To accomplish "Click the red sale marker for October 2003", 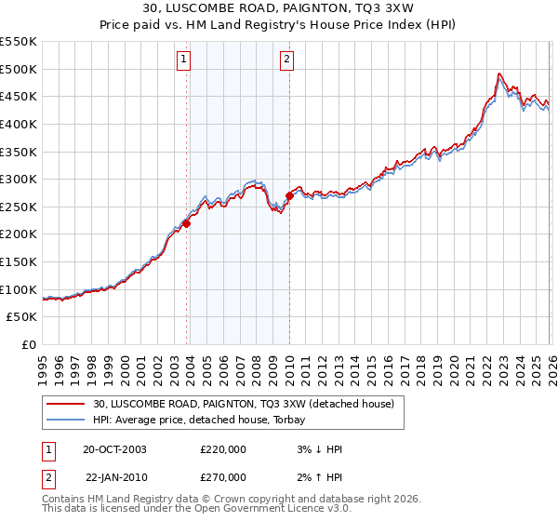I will [187, 223].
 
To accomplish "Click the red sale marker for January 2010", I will [289, 195].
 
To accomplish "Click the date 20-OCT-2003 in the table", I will [114, 448].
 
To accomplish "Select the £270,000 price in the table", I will [223, 476].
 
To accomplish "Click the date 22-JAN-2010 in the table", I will [114, 476].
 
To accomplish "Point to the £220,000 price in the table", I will [223, 448].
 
